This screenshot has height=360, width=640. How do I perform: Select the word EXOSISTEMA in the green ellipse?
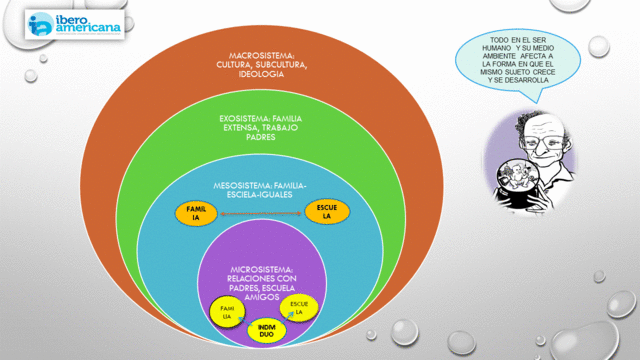point(247,119)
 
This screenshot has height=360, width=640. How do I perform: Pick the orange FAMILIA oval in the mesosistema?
point(196,212)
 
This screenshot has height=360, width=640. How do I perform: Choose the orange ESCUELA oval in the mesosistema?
point(325,211)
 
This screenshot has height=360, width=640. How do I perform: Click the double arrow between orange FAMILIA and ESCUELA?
point(260,213)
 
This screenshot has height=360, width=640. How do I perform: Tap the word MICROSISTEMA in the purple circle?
point(260,269)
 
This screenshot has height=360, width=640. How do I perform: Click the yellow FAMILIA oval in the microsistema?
point(227,312)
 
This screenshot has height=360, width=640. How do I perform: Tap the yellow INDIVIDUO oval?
point(266,329)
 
